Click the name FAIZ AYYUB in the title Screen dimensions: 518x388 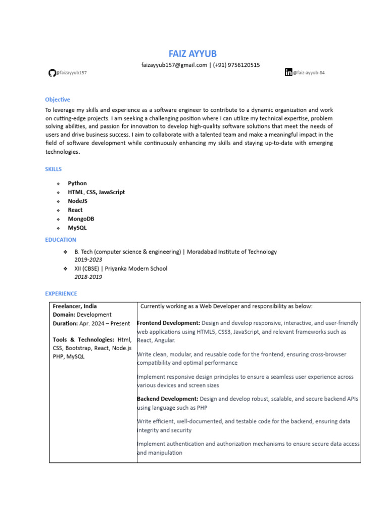(x=192, y=54)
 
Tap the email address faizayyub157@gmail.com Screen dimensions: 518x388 (x=174, y=65)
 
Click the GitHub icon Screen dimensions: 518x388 (x=52, y=73)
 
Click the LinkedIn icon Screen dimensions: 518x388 (x=288, y=72)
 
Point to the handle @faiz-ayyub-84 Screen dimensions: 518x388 (x=309, y=73)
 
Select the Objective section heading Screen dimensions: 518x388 (x=58, y=100)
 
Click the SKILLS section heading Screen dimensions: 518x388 (x=54, y=169)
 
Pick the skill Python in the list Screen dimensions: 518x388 (x=77, y=183)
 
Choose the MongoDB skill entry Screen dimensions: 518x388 (x=81, y=219)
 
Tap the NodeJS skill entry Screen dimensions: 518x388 (x=78, y=201)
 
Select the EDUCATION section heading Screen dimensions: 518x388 (x=61, y=240)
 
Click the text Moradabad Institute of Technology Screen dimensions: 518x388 (x=232, y=251)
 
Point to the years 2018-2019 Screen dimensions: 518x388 (x=88, y=277)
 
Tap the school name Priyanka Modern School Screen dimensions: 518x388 (x=136, y=269)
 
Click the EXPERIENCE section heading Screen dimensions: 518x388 (x=61, y=293)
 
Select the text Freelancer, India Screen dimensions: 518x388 (x=75, y=306)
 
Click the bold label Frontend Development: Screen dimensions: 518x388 (x=169, y=323)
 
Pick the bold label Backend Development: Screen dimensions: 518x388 (x=168, y=399)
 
